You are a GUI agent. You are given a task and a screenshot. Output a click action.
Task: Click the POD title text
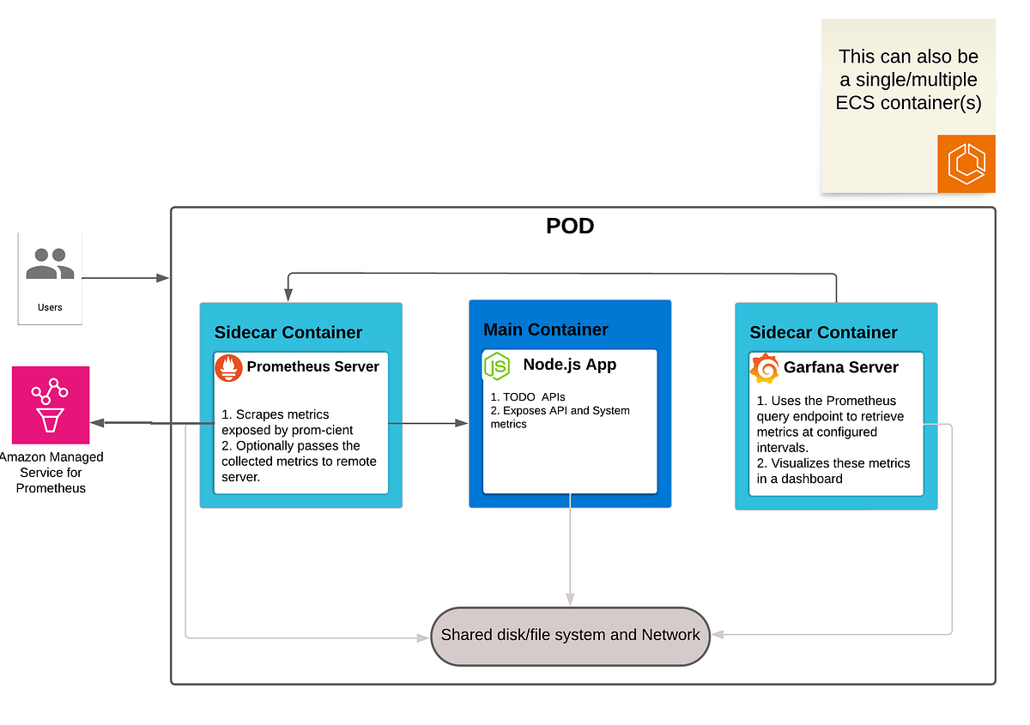[x=570, y=227]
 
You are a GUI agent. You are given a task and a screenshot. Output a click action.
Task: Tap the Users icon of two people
[x=49, y=264]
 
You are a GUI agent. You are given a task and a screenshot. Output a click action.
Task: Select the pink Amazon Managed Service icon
[x=51, y=405]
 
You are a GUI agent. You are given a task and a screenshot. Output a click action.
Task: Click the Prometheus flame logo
[x=228, y=368]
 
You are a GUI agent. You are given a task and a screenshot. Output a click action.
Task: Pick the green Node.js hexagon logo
[x=497, y=366]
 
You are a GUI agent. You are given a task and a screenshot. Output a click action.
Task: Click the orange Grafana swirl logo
[x=764, y=369]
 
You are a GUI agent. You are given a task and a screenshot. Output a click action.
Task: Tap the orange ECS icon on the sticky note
[x=966, y=163]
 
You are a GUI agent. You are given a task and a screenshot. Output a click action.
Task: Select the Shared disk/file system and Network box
[x=570, y=636]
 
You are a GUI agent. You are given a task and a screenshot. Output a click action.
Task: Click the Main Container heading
[x=546, y=329]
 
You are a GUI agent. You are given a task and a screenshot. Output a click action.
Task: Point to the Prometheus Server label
[x=312, y=366]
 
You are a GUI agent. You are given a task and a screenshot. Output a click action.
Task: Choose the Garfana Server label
[x=840, y=367]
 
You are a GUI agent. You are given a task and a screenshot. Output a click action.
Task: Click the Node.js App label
[x=569, y=365]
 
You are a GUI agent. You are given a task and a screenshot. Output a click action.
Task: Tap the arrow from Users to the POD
[x=125, y=278]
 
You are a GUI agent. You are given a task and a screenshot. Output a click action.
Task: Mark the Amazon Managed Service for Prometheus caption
[x=51, y=473]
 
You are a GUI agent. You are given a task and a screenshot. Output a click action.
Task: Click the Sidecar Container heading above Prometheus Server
[x=288, y=332]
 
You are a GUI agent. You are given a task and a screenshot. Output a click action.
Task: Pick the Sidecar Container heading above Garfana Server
[x=823, y=332]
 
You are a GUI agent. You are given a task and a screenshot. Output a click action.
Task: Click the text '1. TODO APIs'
[x=528, y=397]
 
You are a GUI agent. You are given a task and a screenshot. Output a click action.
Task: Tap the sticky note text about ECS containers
[x=908, y=80]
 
